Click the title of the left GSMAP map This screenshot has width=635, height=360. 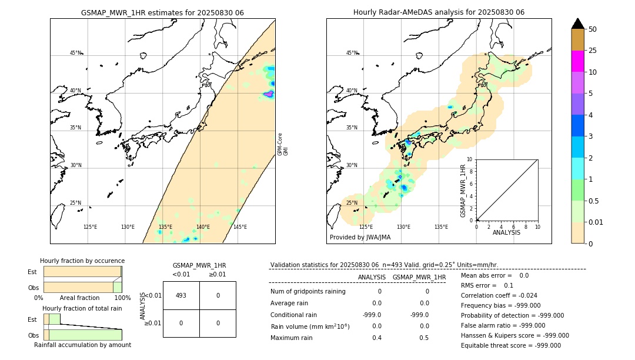tap(162, 12)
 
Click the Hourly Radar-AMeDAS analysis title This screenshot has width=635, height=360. tap(439, 12)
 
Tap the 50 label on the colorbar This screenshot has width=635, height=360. tap(593, 29)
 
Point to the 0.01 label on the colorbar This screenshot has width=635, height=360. tap(596, 222)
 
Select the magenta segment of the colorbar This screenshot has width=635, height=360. tap(577, 61)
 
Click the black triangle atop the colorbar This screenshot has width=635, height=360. tap(577, 24)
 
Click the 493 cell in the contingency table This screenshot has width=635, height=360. tap(181, 295)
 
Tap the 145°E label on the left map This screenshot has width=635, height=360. tap(240, 227)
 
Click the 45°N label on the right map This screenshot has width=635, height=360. tap(352, 53)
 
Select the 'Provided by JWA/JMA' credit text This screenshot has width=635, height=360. tap(360, 238)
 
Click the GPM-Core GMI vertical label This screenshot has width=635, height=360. tap(283, 144)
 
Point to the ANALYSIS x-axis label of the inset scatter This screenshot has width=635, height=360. tap(507, 232)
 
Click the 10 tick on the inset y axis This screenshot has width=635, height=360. tap(470, 159)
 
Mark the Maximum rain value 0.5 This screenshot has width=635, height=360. tap(424, 338)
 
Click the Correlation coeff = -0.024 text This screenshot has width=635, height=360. tap(499, 295)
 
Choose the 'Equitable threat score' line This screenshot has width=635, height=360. tap(510, 345)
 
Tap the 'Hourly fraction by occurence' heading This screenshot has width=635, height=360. tap(82, 261)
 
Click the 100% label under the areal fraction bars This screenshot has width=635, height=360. tap(122, 298)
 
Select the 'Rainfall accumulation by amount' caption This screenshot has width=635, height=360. tap(82, 345)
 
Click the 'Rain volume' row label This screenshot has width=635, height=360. tap(310, 326)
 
